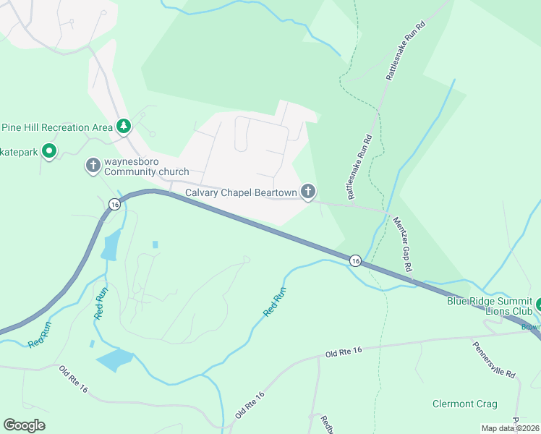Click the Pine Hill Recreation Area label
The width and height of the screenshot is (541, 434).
click(56, 127)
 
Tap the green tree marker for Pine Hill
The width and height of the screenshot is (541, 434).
click(124, 127)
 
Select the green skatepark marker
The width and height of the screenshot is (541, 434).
click(49, 152)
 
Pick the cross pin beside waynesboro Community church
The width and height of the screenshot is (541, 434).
click(93, 166)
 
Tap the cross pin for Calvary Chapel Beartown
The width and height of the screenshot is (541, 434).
click(308, 192)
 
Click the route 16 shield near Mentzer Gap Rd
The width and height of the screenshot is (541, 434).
click(354, 260)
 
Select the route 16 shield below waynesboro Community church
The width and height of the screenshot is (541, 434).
click(114, 205)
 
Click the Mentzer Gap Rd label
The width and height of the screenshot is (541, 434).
click(404, 244)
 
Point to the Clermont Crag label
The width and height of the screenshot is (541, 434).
click(464, 404)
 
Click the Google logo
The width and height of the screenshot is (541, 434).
click(24, 425)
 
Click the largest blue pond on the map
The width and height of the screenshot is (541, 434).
click(114, 359)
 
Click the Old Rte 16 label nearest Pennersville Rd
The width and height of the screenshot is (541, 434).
click(343, 351)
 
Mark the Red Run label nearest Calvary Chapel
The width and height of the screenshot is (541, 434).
click(275, 301)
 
